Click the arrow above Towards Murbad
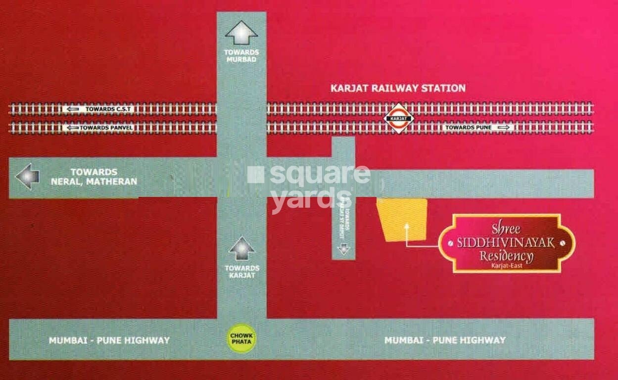coord(241,34)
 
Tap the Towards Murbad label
coord(241,56)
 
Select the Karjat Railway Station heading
coord(398,88)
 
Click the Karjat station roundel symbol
coord(400,119)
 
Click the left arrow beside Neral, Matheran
coord(27,177)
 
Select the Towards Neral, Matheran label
coord(94,177)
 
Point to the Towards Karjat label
coord(241,271)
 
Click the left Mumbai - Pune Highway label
coord(109,340)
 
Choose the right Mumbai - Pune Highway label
coord(445,340)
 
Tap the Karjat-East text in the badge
coord(506,266)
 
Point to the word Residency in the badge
coord(506,256)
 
